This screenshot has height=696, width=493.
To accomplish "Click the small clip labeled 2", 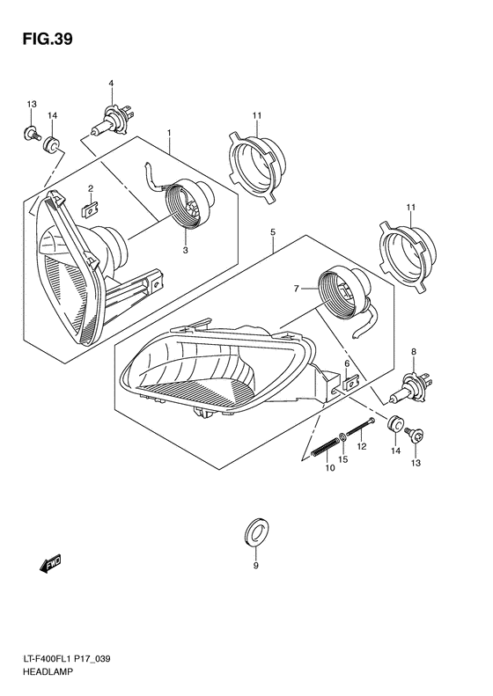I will click(x=89, y=209).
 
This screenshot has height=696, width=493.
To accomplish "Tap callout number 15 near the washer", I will click(x=343, y=459).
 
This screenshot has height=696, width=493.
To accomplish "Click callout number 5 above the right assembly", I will click(x=274, y=231).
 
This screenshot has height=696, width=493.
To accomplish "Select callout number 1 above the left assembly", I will click(x=168, y=132).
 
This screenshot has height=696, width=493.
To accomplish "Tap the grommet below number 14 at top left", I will click(x=54, y=144).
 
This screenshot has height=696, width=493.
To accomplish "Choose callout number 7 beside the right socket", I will click(x=298, y=288).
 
